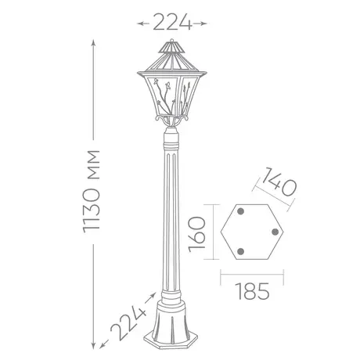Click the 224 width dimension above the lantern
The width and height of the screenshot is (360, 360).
172,22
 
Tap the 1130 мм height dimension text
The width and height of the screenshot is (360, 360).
91,192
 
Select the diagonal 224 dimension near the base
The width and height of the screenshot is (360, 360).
128,323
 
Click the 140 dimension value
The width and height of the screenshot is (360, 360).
279,182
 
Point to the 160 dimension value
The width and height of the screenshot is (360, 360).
197,234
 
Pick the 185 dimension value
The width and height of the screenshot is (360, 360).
252,291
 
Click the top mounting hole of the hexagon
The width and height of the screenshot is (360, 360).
240,211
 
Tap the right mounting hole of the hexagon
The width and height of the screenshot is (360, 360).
275,232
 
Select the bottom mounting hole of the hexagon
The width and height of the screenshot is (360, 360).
240,251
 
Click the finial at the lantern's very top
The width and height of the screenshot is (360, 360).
171,40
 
